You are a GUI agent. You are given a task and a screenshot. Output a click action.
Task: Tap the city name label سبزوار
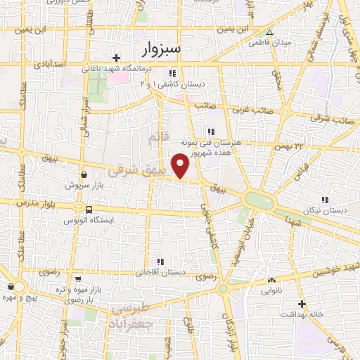tap(160, 49)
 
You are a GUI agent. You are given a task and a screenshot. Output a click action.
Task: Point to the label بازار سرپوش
tap(82, 186)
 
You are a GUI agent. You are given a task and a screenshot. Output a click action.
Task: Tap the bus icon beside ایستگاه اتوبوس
tap(89, 209)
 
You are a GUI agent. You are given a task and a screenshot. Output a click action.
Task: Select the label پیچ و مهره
tap(19, 297)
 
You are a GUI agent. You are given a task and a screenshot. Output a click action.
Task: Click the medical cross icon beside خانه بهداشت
tap(302, 304)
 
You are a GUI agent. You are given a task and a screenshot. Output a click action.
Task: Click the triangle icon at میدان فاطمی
tap(269, 32)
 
